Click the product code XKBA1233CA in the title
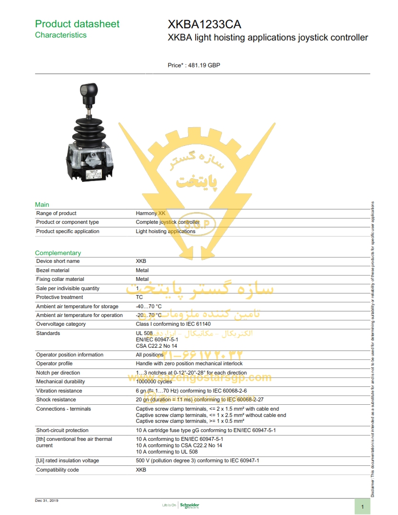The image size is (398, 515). pyautogui.click(x=204, y=24)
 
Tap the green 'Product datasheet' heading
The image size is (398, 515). pyautogui.click(x=77, y=24)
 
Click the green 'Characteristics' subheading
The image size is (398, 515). pyautogui.click(x=60, y=35)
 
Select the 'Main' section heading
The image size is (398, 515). pyautogui.click(x=42, y=204)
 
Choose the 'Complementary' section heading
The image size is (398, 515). pyautogui.click(x=58, y=253)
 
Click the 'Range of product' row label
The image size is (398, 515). pyautogui.click(x=56, y=213)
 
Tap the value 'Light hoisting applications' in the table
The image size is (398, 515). pyautogui.click(x=165, y=231)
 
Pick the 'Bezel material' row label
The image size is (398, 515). pyautogui.click(x=53, y=270)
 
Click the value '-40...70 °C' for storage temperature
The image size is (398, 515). pyautogui.click(x=148, y=306)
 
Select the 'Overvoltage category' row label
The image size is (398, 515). pyautogui.click(x=61, y=324)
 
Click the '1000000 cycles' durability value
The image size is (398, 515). pyautogui.click(x=154, y=381)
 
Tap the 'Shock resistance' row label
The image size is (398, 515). pyautogui.click(x=56, y=399)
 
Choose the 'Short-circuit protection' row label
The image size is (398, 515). pyautogui.click(x=62, y=430)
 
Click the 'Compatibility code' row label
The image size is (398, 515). pyautogui.click(x=58, y=470)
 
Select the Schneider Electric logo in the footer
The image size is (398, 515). pyautogui.click(x=189, y=505)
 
